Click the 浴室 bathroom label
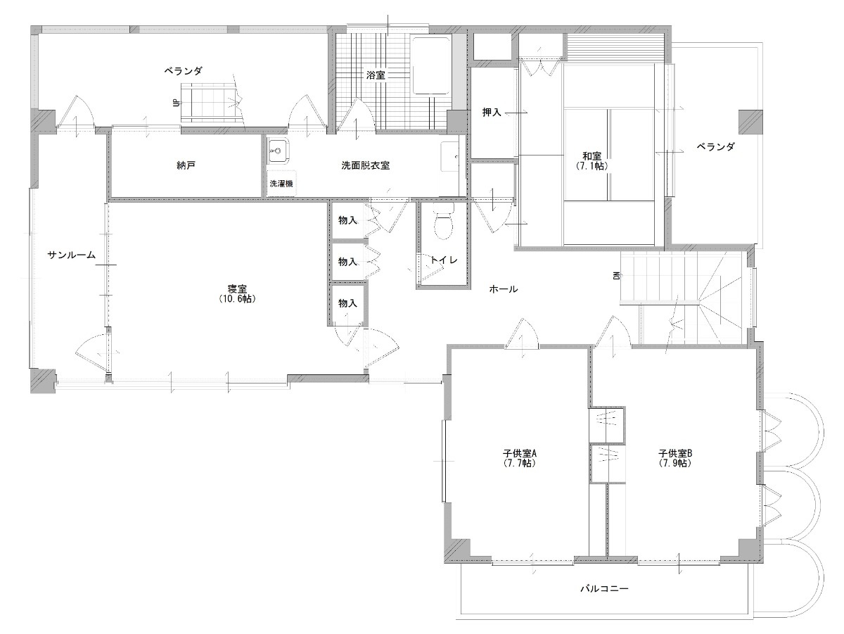375,75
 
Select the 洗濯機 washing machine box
281,184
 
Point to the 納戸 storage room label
186,165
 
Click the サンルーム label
72,255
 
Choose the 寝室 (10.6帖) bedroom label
237,293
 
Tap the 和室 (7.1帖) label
592,161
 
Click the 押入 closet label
492,113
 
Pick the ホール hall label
503,289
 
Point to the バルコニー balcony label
604,588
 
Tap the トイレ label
444,260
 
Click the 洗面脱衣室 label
365,165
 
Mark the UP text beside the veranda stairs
177,103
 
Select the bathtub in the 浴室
431,65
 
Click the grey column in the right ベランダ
750,122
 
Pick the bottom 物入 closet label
347,303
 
